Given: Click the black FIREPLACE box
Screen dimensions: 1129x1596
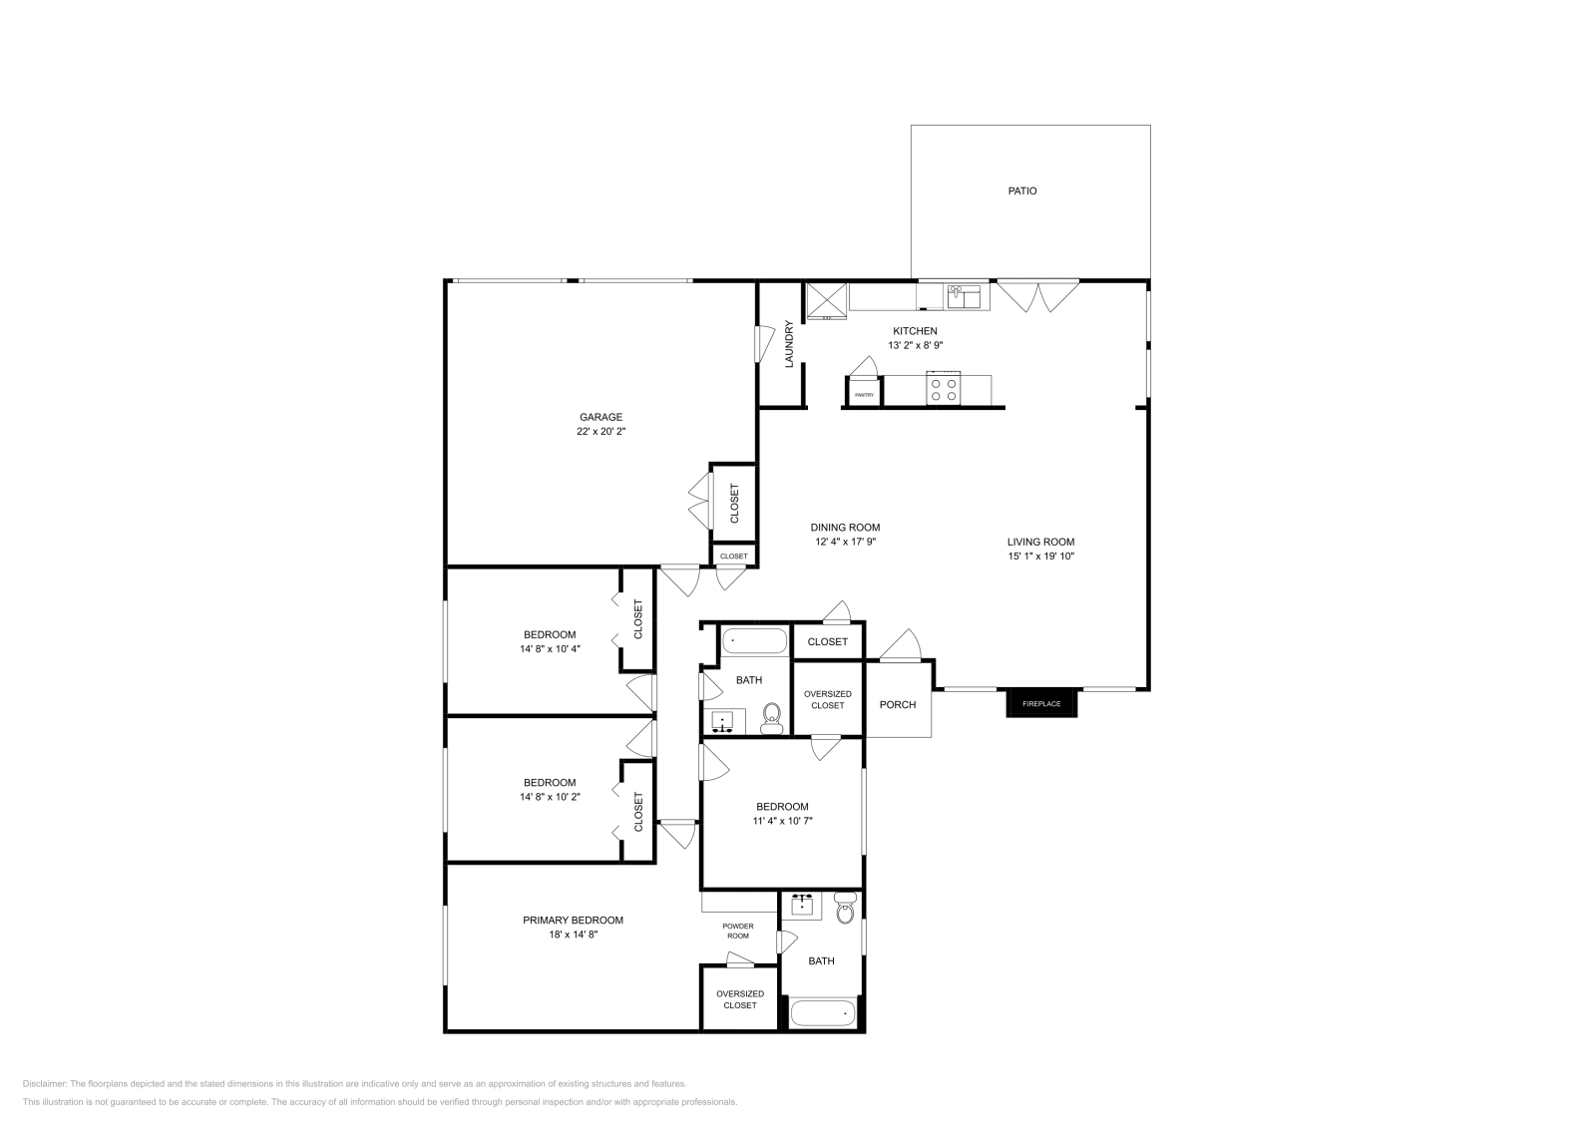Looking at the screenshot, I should (1041, 703).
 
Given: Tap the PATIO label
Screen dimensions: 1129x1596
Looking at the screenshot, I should (1021, 190).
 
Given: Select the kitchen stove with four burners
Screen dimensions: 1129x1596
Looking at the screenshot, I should (944, 389).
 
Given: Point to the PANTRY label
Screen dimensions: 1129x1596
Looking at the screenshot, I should (864, 395).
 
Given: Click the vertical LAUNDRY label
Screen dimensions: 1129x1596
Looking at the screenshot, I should (789, 344).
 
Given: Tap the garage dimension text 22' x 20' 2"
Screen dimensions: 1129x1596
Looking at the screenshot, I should (600, 432).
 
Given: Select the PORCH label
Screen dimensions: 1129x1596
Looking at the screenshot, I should (897, 705).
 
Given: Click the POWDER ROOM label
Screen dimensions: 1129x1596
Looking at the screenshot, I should (737, 931).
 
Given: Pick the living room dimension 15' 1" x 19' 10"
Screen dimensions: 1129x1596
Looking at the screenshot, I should (1040, 557).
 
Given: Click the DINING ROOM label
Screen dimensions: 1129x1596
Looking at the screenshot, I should (845, 528).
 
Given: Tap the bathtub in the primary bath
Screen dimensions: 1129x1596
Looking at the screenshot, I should (823, 1014).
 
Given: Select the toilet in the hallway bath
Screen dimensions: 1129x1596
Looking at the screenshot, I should (771, 718).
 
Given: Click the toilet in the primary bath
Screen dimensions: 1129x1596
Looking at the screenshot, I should (845, 909).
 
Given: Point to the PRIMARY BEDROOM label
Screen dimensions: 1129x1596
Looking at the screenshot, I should (573, 921).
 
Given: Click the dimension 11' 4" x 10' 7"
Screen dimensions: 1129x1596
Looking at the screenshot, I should (782, 821).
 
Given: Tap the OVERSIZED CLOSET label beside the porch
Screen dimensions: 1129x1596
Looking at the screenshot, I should (827, 699).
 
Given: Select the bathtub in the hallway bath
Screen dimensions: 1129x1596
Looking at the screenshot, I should (753, 638).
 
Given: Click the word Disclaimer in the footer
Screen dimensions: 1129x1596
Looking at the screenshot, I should (44, 1083).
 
